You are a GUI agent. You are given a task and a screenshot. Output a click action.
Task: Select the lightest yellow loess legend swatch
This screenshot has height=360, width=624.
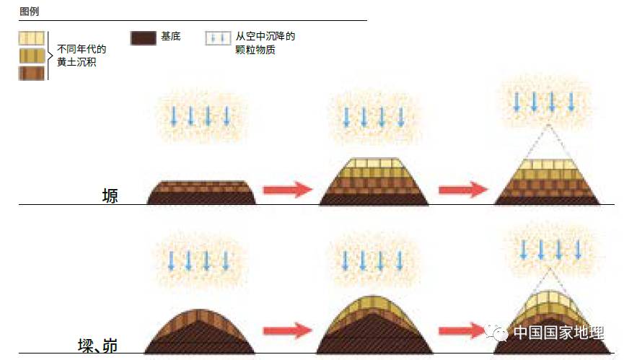coord(32,38)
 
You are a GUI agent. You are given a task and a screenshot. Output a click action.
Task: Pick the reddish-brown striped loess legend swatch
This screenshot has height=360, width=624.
coord(32,73)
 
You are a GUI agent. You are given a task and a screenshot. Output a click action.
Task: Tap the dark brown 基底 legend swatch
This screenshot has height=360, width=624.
coord(143,38)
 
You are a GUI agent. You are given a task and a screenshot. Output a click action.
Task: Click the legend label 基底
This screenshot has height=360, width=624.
coord(171,35)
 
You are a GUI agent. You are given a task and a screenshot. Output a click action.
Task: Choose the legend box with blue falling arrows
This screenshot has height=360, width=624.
coord(219,38)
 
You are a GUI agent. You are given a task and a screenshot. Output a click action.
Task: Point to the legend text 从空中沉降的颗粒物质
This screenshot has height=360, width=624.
coord(265,43)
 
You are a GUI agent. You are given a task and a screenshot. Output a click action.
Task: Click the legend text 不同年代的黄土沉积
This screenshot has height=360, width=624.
coord(81,56)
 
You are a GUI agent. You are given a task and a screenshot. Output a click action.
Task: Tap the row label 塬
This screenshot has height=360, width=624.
coord(110,196)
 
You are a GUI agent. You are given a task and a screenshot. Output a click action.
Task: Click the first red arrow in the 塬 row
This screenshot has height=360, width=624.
coord(286,190)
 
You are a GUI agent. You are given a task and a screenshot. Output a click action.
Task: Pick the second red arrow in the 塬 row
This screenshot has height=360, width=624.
coord(462,190)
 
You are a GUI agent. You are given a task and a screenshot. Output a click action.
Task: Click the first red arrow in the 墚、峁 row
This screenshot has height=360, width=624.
coord(286,331)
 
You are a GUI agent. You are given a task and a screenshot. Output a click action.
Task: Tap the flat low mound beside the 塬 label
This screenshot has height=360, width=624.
coord(201,193)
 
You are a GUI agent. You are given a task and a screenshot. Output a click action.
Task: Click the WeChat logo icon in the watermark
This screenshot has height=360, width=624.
coord(498,332)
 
